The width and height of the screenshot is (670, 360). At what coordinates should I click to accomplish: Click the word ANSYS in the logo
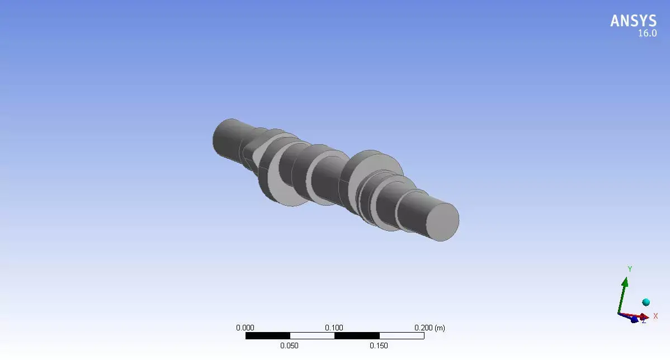[633, 21]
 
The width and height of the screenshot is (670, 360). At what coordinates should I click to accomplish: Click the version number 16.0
[648, 34]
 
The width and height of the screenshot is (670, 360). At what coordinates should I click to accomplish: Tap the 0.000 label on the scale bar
[245, 328]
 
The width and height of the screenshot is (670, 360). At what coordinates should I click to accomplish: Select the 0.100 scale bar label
[334, 328]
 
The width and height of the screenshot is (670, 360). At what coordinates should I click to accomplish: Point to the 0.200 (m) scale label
[430, 328]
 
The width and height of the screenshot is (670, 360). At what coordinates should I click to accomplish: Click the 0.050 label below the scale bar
[290, 345]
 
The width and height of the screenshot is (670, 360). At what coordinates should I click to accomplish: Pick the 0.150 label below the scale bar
[379, 345]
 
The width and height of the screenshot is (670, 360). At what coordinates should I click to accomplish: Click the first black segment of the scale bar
[267, 336]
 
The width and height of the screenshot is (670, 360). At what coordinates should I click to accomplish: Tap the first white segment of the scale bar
[312, 336]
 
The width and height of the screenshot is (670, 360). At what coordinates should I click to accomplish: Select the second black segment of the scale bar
[357, 336]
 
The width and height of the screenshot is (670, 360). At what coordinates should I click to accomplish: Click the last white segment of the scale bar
[402, 336]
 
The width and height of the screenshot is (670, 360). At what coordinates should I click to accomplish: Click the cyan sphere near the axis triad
[646, 302]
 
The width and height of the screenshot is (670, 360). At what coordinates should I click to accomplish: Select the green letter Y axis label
[630, 269]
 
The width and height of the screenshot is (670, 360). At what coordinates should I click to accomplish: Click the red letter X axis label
[655, 316]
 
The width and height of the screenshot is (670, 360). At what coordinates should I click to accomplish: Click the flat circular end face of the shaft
[443, 221]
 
